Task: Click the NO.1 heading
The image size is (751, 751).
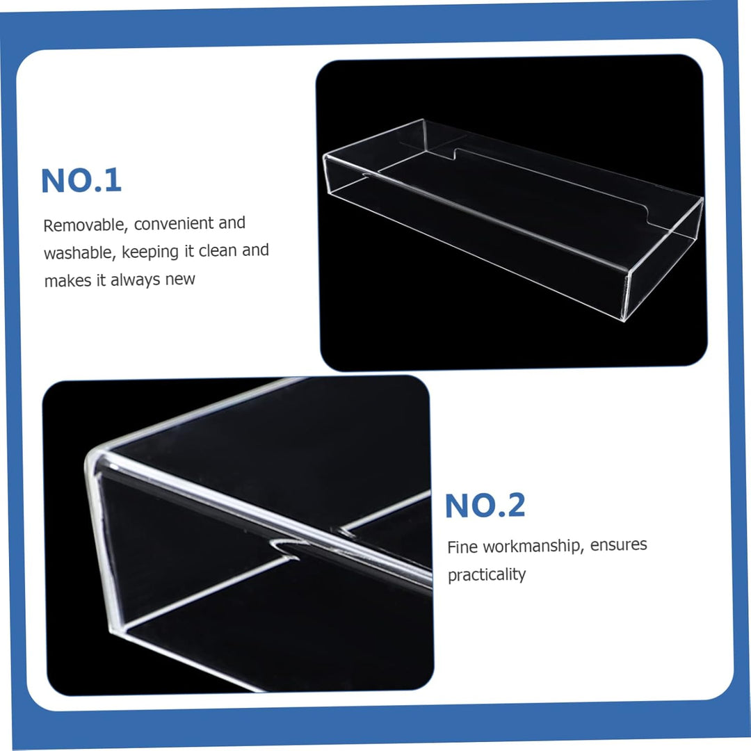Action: pyautogui.click(x=81, y=180)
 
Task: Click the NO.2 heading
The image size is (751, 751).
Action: pyautogui.click(x=485, y=506)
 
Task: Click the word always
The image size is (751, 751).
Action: pyautogui.click(x=135, y=280)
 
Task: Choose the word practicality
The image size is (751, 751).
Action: pyautogui.click(x=486, y=575)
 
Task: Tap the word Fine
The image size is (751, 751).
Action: pyautogui.click(x=462, y=547)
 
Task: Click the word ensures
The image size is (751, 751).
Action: pyautogui.click(x=618, y=544)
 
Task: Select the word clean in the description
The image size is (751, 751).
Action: pyautogui.click(x=218, y=250)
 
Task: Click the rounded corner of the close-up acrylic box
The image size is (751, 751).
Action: pyautogui.click(x=97, y=459)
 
